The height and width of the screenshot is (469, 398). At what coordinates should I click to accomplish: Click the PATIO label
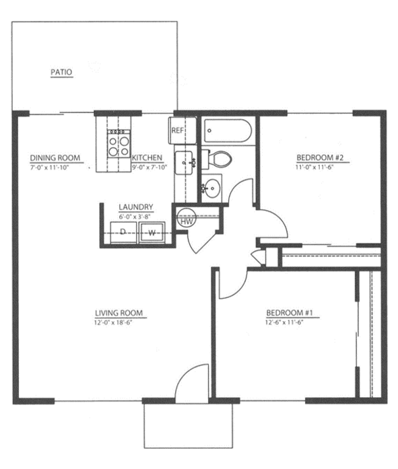pyautogui.click(x=62, y=72)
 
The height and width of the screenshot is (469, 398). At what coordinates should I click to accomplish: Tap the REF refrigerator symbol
pyautogui.click(x=183, y=131)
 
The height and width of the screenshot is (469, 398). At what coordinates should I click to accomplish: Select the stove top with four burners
pyautogui.click(x=119, y=143)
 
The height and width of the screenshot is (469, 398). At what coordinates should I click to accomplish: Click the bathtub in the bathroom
pyautogui.click(x=228, y=131)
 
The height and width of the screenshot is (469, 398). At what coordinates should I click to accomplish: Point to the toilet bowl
pyautogui.click(x=221, y=159)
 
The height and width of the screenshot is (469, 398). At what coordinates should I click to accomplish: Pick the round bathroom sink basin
pyautogui.click(x=212, y=188)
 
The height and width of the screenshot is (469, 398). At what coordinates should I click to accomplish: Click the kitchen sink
pyautogui.click(x=183, y=163)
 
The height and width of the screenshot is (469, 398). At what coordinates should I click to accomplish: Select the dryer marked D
pyautogui.click(x=123, y=232)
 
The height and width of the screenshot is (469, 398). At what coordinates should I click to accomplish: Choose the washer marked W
pyautogui.click(x=152, y=232)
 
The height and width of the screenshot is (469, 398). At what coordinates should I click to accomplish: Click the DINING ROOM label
pyautogui.click(x=55, y=158)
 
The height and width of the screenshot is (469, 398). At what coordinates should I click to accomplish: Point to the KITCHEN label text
pyautogui.click(x=147, y=157)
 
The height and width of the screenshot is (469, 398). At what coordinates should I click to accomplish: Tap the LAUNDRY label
pyautogui.click(x=136, y=207)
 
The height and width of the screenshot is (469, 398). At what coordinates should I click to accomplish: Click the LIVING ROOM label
pyautogui.click(x=119, y=313)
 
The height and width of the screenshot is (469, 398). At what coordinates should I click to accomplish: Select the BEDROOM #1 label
pyautogui.click(x=290, y=313)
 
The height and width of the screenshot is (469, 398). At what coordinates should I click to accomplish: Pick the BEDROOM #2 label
pyautogui.click(x=320, y=157)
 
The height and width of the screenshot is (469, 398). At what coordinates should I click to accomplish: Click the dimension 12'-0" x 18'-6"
pyautogui.click(x=113, y=322)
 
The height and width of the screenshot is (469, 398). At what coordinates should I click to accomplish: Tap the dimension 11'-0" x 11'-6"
pyautogui.click(x=314, y=167)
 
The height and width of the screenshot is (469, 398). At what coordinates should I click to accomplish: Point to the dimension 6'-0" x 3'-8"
pyautogui.click(x=135, y=217)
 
